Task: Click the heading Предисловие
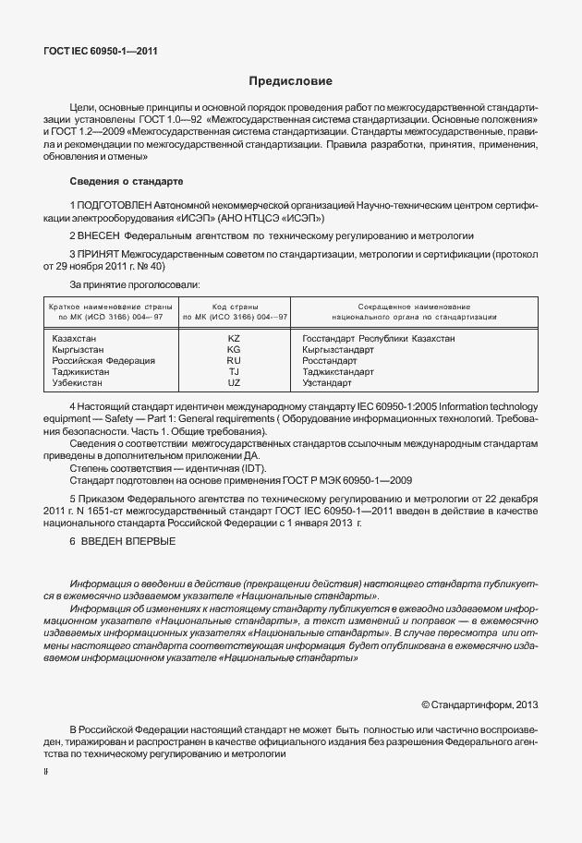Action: pyautogui.click(x=290, y=82)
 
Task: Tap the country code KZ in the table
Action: pyautogui.click(x=234, y=339)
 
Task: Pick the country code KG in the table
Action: pyautogui.click(x=234, y=350)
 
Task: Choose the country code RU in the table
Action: pyautogui.click(x=234, y=361)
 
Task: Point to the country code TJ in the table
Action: pyautogui.click(x=234, y=372)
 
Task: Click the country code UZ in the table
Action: pyautogui.click(x=234, y=382)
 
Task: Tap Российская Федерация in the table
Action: pyautogui.click(x=103, y=361)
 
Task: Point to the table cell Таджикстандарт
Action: pyautogui.click(x=338, y=372)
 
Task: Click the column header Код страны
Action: pyautogui.click(x=234, y=306)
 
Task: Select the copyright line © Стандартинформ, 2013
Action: pyautogui.click(x=479, y=705)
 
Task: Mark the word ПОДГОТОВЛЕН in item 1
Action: pyautogui.click(x=115, y=203)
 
